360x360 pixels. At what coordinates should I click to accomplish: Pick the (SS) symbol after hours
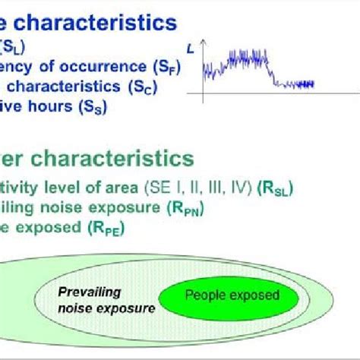(x=90, y=108)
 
